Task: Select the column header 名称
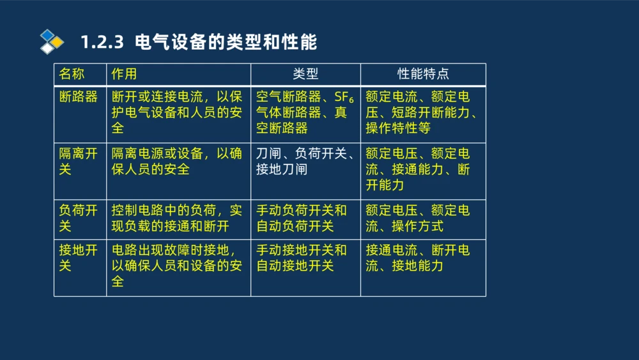[72, 74]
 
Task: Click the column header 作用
[124, 74]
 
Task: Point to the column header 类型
[305, 74]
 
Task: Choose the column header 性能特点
[423, 74]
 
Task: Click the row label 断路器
[78, 97]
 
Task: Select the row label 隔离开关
[78, 162]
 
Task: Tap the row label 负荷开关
[78, 218]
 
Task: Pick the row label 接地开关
[78, 258]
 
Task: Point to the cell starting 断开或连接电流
[177, 113]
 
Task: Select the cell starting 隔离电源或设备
[177, 162]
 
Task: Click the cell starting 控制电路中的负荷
[177, 218]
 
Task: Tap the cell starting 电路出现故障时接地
[177, 265]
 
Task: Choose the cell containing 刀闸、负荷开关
[305, 162]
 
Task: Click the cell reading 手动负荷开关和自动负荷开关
[302, 218]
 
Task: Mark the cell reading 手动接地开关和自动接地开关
[302, 258]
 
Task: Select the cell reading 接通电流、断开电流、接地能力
[418, 258]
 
